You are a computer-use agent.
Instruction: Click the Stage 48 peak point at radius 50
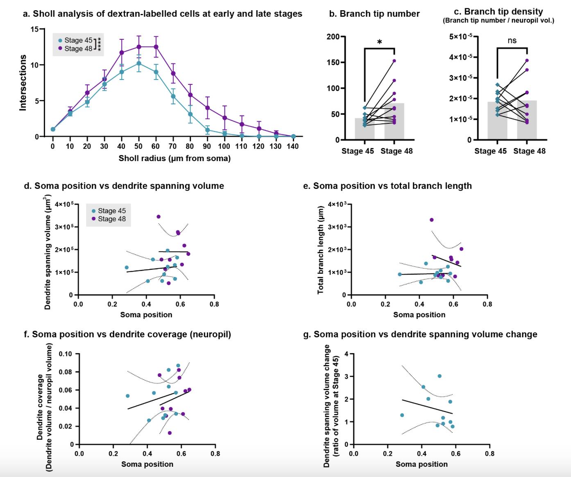tap(139, 47)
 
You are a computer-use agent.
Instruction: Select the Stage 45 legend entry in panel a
tap(75, 40)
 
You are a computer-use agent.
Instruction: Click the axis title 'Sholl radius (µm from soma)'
tap(174, 158)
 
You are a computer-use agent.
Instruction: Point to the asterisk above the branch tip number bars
tap(379, 42)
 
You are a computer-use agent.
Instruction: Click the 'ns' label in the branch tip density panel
tap(512, 40)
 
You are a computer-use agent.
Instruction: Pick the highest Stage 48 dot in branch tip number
tap(394, 61)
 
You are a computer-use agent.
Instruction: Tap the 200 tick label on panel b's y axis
tap(333, 37)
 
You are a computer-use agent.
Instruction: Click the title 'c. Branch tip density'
tap(503, 11)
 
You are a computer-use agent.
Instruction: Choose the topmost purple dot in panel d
tap(159, 217)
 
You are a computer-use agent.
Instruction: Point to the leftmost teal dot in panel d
tap(127, 268)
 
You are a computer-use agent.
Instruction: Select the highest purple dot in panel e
tap(431, 220)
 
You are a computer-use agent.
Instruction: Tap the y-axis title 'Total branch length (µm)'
tap(321, 250)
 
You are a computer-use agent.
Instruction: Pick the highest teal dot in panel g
tap(440, 376)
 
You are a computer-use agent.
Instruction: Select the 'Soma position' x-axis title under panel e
tap(419, 315)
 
